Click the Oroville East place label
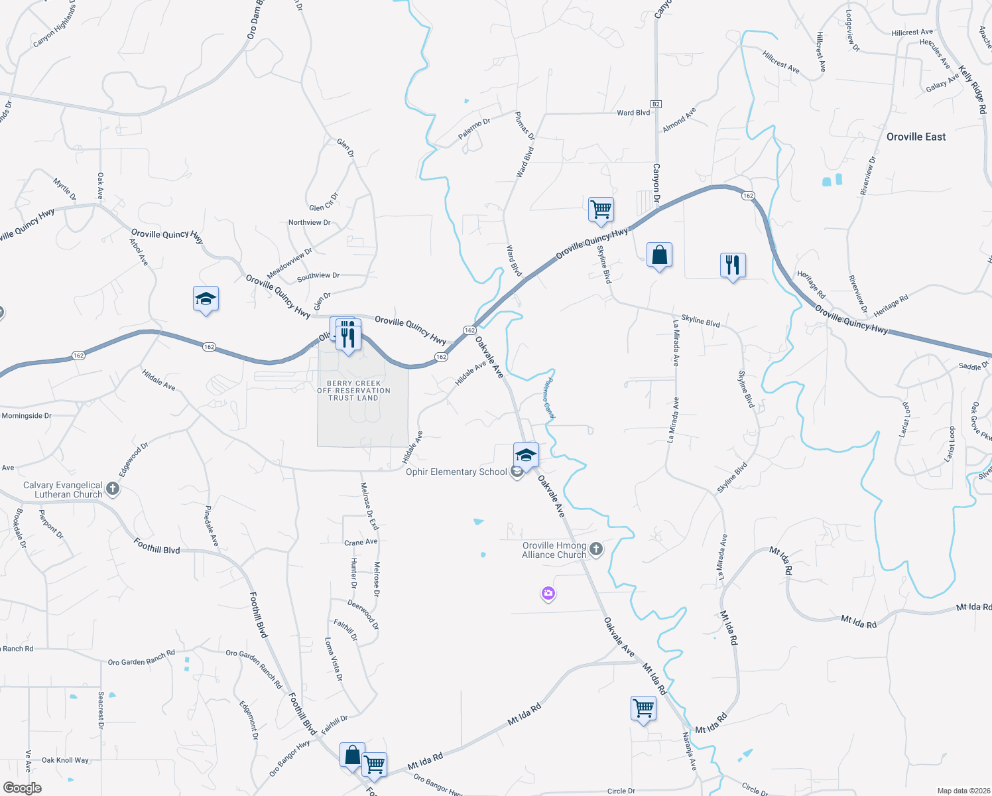coord(916,137)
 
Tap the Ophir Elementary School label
coord(456,472)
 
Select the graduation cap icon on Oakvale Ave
coord(526,455)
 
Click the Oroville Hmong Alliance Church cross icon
coord(596,549)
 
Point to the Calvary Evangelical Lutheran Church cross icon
coord(113,490)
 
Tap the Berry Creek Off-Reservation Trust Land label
coord(353,391)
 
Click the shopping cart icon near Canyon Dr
coord(601,210)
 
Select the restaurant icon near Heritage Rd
coord(733,265)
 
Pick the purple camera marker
coord(548,594)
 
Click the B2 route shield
coord(656,104)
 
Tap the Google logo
coord(22,788)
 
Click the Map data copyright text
coord(961,791)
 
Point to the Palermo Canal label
coord(548,397)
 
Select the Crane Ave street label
coord(361,543)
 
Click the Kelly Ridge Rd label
coord(973,90)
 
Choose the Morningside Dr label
coord(27,416)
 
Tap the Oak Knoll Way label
coord(65,760)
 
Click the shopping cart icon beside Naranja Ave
coord(643,708)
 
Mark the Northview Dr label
coord(309,223)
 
